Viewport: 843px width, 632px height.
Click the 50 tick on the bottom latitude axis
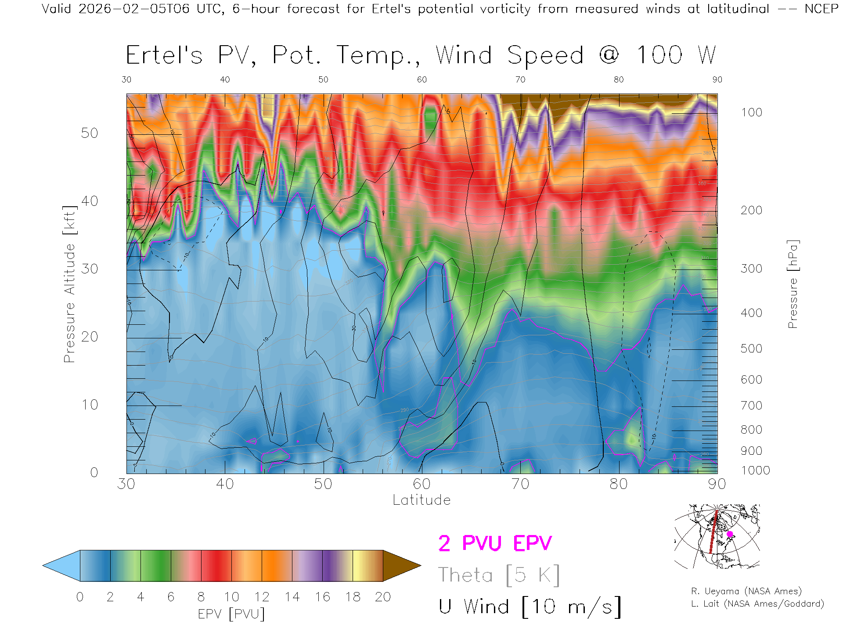point(323,484)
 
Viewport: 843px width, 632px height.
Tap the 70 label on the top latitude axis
point(520,79)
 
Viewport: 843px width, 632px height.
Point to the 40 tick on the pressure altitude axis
point(89,201)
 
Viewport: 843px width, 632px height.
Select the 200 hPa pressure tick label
point(751,210)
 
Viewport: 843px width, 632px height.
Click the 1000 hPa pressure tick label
point(755,470)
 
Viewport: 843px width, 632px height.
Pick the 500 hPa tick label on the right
point(751,348)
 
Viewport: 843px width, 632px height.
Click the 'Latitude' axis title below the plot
point(421,500)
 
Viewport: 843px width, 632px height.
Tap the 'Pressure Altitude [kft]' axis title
point(69,284)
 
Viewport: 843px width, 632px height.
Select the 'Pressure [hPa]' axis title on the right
point(793,284)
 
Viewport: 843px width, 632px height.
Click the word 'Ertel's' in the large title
point(164,56)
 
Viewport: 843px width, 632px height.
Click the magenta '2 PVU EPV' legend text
point(495,543)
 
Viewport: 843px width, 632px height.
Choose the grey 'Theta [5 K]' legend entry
point(499,575)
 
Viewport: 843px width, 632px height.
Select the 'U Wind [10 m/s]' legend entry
point(530,607)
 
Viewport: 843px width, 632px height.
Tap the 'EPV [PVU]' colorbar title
point(231,614)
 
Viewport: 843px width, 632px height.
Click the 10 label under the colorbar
point(231,597)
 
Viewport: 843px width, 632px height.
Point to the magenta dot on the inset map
point(730,534)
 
